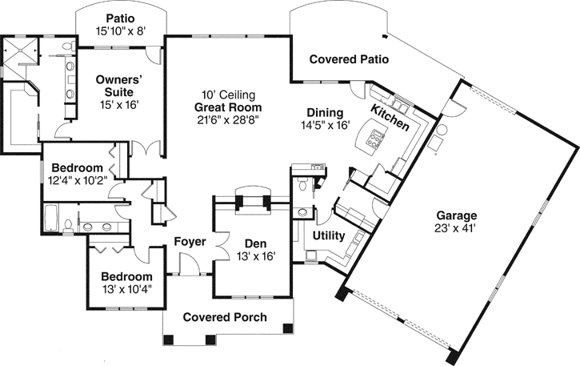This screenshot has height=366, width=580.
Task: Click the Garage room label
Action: [x=457, y=215]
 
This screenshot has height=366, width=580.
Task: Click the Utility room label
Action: [x=329, y=236]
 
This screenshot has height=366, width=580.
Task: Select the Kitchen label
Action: [x=390, y=116]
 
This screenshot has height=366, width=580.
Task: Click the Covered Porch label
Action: [x=225, y=317]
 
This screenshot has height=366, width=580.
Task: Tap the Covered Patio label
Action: [x=349, y=59]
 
